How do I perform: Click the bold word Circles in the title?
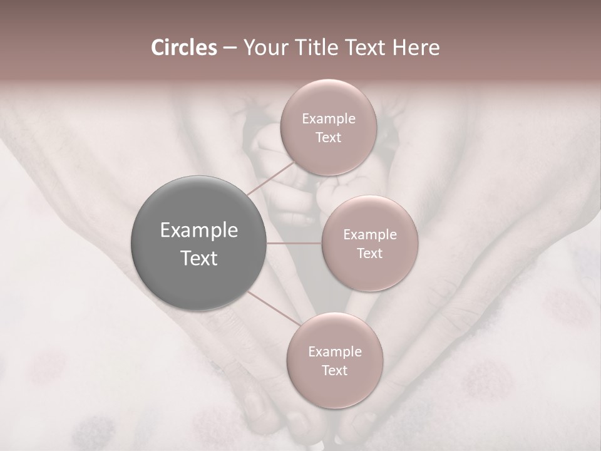183,48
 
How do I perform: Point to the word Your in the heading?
263,48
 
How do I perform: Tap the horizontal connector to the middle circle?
294,243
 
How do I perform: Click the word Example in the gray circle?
199,231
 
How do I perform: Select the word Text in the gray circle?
199,258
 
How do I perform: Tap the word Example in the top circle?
329,119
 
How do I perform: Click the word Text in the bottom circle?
334,371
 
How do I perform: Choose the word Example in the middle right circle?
370,235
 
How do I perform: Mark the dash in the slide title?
229,48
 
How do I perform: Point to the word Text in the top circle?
328,138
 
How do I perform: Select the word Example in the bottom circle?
335,352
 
